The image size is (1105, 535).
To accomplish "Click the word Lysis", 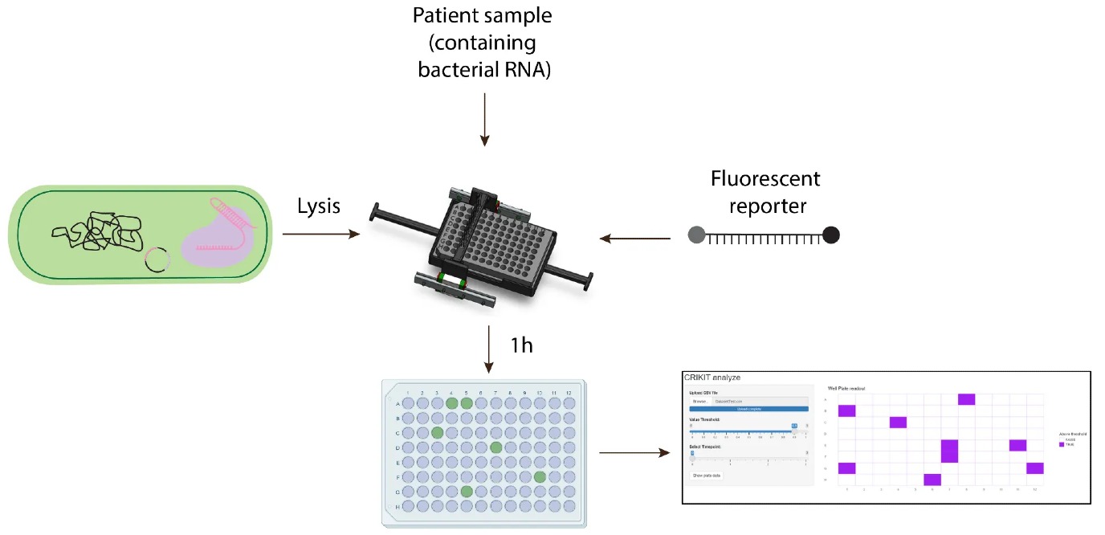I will click(318, 206).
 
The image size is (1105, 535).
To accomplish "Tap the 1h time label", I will click(523, 345).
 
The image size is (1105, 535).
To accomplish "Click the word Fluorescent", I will click(765, 178).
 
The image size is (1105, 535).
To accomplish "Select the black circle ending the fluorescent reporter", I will click(831, 235).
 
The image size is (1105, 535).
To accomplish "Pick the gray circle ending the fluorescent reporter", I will click(697, 235).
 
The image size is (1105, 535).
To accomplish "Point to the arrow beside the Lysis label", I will click(320, 235).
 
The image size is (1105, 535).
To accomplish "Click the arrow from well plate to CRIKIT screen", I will click(634, 453).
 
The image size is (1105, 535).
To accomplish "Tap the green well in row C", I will click(437, 432).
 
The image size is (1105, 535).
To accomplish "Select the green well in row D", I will click(495, 447).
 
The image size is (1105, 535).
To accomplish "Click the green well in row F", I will click(540, 476).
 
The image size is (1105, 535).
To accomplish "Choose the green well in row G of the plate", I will click(467, 491).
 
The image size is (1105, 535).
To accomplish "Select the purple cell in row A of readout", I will click(966, 399).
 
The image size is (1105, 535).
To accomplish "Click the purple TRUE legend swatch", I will click(1062, 444).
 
